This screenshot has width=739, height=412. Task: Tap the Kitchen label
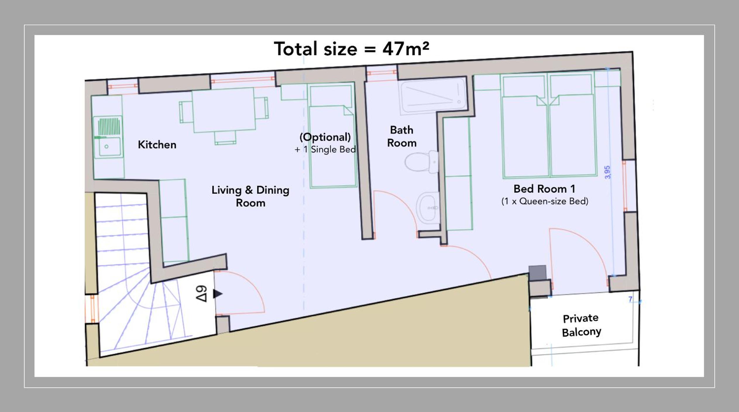157,145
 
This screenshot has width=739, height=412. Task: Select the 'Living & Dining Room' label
250,196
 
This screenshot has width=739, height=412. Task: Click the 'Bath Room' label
402,136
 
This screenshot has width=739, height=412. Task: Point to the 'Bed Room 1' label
544,189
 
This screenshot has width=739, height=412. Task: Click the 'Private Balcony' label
581,325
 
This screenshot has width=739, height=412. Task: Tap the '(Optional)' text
325,137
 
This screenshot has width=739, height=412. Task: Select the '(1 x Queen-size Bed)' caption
545,201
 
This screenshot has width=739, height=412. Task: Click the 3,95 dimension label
608,172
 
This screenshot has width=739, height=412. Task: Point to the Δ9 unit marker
201,293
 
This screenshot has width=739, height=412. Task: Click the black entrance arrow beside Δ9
218,293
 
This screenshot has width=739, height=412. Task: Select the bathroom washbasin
428,208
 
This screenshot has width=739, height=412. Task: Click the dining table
224,110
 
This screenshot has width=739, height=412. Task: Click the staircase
138,272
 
